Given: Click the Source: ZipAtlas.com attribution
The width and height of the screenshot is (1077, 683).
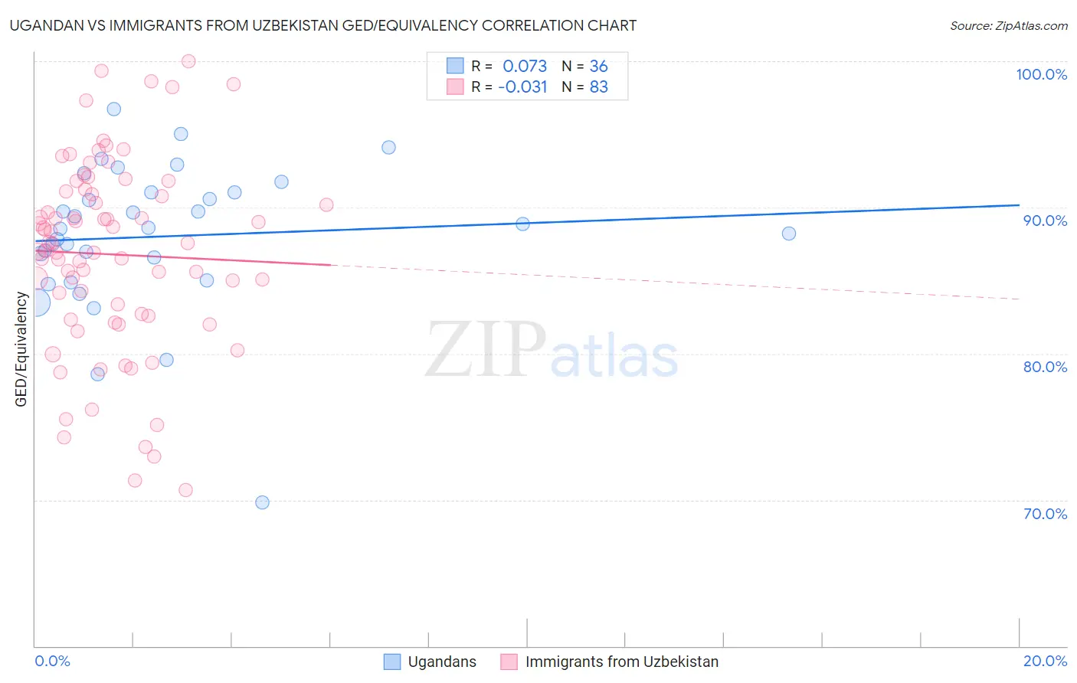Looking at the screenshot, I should coord(1008,26).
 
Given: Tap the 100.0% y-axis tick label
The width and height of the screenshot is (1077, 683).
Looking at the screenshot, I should coord(1041,74).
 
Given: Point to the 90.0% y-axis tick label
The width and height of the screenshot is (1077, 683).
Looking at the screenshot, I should coord(1045,221).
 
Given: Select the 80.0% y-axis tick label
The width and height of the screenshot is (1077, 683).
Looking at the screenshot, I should coord(1045,367).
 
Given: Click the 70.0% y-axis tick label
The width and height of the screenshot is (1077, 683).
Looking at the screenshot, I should coord(1045,514).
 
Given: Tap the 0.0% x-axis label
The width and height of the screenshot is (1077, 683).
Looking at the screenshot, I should coord(52,661).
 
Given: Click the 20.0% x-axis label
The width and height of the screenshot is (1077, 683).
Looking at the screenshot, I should coord(1045,661).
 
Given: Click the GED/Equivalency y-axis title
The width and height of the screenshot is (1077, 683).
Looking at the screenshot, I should coord(21,349).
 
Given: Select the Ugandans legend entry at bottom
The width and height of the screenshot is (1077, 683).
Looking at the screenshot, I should coord(441,662).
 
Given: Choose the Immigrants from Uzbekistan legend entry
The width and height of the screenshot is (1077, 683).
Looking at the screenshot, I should coord(621,662).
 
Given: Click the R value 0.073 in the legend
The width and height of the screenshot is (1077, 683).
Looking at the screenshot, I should coord(525,66).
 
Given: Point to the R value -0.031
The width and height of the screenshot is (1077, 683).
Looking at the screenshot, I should coord(522,87).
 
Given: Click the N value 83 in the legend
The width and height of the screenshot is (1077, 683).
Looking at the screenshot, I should coord(598,87).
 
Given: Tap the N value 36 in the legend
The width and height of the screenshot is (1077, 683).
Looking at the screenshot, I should coord(598,66).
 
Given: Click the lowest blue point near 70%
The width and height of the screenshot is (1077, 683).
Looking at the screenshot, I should coord(262,502).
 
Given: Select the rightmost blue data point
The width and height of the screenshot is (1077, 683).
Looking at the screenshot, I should coord(789,234).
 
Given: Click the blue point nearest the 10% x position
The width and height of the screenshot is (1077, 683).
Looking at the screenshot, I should coord(522,224).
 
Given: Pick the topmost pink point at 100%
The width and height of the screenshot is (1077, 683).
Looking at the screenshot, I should coord(188,61).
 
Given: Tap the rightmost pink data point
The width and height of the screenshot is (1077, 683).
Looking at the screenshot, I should coord(326,204).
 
